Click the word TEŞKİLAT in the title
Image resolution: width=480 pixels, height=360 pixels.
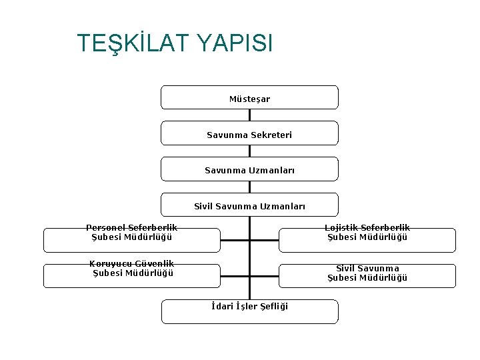point(134,43)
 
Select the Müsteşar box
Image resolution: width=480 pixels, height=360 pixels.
point(249,97)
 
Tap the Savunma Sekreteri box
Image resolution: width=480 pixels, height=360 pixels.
point(249,133)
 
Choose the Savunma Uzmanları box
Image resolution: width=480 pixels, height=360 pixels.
point(249,169)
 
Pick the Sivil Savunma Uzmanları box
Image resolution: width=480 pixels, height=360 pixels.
point(249,205)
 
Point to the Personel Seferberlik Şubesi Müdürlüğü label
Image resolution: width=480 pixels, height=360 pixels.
point(131,233)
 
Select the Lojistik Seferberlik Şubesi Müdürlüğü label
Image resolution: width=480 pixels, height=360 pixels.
point(367,233)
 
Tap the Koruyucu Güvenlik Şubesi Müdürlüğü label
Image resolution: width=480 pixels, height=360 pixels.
point(132,269)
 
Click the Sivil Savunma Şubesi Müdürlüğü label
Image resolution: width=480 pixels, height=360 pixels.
point(367,273)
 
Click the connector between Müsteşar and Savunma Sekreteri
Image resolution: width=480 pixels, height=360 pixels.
point(249,115)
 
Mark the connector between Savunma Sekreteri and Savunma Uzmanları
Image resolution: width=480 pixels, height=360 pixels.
point(249,151)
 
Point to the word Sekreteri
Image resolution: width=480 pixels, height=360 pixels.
point(271,135)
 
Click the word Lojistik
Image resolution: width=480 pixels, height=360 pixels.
point(339,228)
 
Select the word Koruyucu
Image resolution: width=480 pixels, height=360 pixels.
point(110,264)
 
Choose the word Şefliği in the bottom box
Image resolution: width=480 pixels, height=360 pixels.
point(272,307)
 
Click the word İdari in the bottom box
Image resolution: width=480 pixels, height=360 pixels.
point(222,307)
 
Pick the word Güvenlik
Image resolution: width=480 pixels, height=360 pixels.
point(154,264)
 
